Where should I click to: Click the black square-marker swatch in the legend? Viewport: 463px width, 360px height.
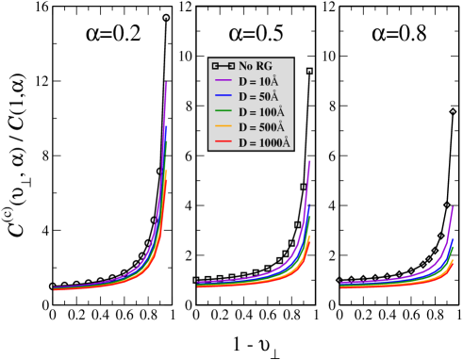coord(223,66)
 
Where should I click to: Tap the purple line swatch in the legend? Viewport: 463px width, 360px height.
coord(223,81)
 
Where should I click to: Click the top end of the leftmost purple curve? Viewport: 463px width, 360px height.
coord(167,83)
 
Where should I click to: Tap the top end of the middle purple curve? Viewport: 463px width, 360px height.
coord(309,161)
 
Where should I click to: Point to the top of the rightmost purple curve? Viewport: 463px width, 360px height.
coord(453,207)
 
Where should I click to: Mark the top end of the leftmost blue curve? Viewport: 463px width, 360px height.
coord(166,125)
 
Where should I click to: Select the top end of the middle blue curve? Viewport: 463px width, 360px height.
coord(309,205)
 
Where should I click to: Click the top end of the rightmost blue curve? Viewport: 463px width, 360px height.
coord(453,240)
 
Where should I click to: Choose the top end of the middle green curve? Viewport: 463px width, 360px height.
coord(309,217)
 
